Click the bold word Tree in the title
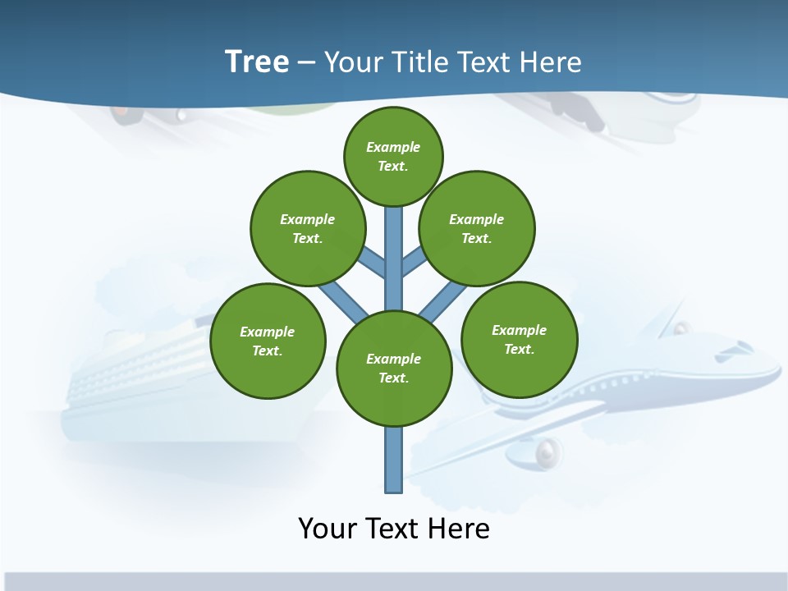coord(257,62)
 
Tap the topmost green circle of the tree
coord(393,156)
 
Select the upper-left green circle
coord(307,228)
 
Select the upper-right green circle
coord(476,228)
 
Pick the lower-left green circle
coord(268,341)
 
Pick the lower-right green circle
coord(519,339)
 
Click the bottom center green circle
coord(394,369)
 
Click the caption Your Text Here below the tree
coord(394,528)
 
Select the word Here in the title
coord(549,62)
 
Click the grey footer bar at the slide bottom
coord(394,581)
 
